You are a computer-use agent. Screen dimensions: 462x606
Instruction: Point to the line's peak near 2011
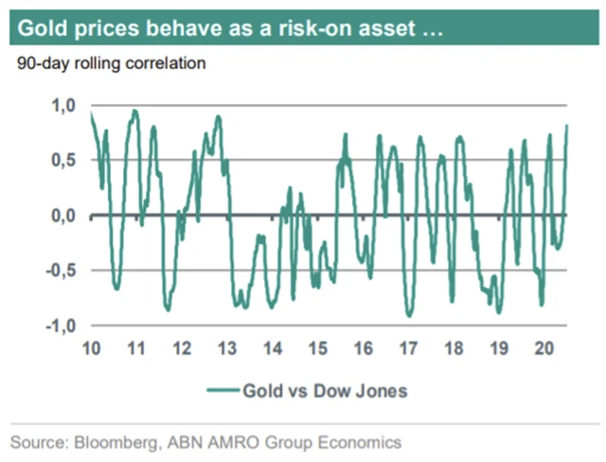tap(134, 111)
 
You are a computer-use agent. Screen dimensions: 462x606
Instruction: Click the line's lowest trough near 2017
tap(409, 315)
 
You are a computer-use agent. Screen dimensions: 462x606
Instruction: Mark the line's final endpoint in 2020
tap(567, 126)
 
